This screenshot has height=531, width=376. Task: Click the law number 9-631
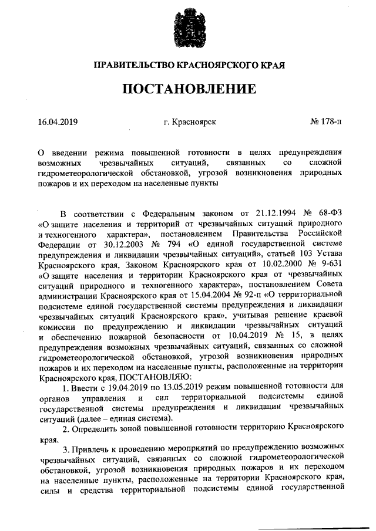[328, 263]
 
